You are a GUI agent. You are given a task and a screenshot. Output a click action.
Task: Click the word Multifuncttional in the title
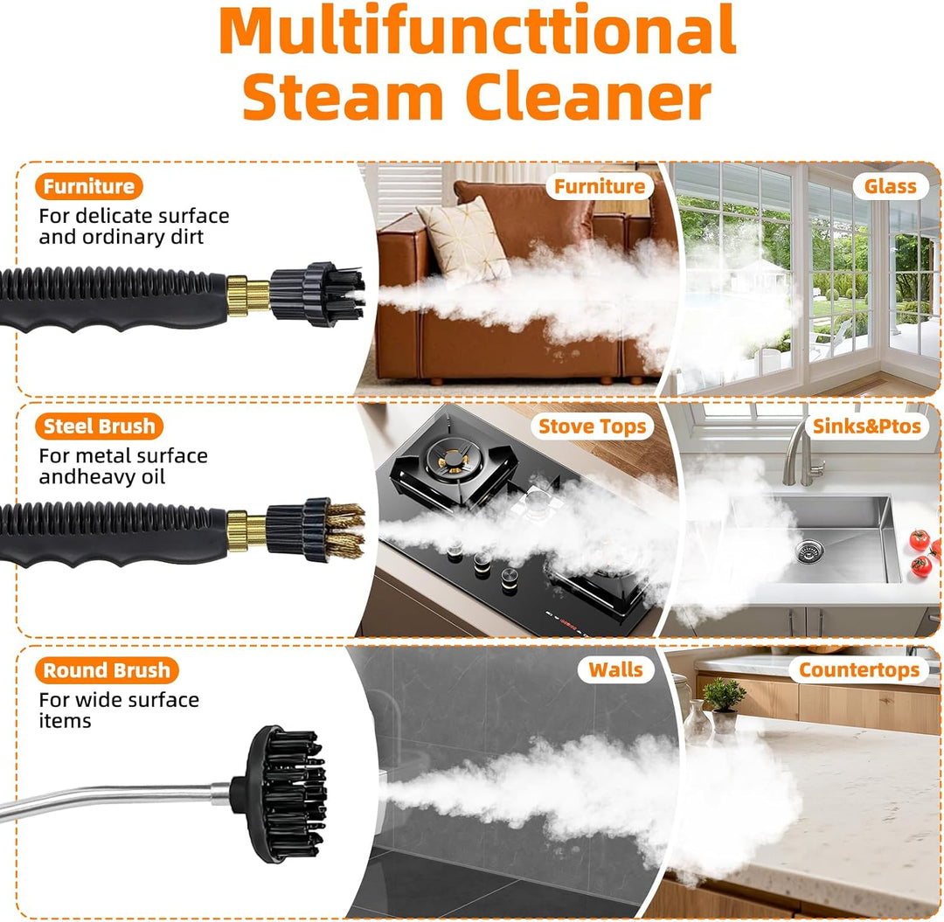(x=477, y=30)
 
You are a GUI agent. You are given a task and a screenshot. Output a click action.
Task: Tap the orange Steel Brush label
(x=100, y=426)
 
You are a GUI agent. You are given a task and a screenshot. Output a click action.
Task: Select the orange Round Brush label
(x=107, y=669)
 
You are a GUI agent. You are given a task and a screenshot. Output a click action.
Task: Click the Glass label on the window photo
(x=890, y=186)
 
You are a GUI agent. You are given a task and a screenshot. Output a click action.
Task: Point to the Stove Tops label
(x=592, y=426)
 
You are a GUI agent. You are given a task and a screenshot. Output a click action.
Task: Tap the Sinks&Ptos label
(x=867, y=426)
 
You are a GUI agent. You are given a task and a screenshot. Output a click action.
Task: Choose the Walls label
(x=615, y=669)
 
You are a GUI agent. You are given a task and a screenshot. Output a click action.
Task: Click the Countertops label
(x=859, y=669)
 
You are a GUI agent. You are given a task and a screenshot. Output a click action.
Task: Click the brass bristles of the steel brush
(x=345, y=530)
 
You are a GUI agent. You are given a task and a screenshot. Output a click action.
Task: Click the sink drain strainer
(x=809, y=551)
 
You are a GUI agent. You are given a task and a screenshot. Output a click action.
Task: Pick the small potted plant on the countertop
(x=725, y=704)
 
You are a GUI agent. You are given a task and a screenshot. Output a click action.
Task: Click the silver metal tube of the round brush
(x=115, y=798)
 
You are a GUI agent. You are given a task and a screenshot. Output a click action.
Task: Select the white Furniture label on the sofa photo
(x=599, y=186)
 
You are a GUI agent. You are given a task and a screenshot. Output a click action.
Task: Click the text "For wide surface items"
(x=119, y=711)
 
